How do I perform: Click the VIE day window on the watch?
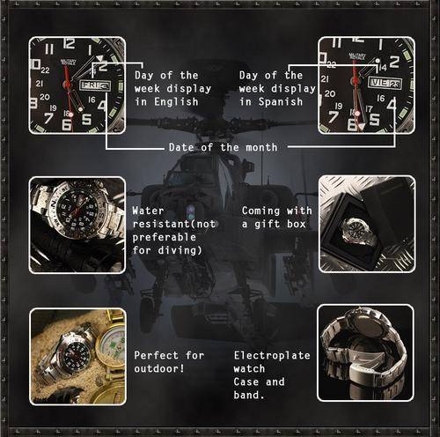[379, 83]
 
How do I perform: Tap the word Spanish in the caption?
[281, 102]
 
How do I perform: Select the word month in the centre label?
[261, 147]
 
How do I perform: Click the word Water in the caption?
[148, 211]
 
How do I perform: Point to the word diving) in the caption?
[180, 250]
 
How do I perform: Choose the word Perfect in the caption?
[157, 355]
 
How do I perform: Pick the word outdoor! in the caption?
[159, 368]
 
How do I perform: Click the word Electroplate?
[272, 356]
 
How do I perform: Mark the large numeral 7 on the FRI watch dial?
[48, 118]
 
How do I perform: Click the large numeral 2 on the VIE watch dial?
[394, 62]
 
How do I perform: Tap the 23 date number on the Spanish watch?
[395, 85]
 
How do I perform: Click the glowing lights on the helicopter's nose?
[191, 212]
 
